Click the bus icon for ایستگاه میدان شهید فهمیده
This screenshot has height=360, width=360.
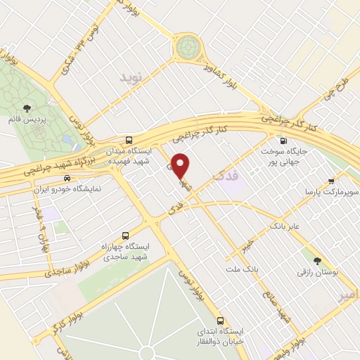tap(129, 140)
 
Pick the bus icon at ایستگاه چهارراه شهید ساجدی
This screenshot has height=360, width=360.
tap(126, 236)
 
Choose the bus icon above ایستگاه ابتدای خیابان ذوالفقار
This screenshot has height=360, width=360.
tap(221, 320)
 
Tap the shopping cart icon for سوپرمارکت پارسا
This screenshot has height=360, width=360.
tap(331, 181)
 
